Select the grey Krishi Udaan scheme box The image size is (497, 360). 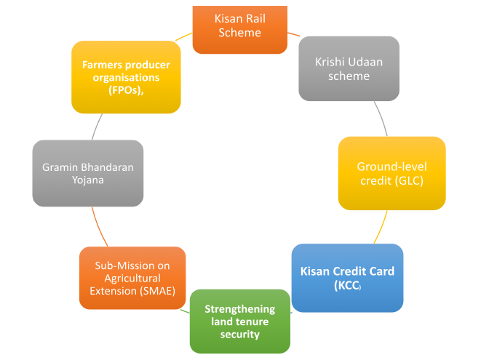tap(349, 68)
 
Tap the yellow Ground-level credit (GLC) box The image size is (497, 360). tap(391, 173)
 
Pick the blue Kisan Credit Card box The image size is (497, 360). tap(347, 278)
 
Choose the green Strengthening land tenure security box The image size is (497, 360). tap(239, 321)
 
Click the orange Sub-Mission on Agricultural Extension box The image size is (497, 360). tap(132, 277)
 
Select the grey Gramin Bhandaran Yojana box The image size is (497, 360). tap(87, 172)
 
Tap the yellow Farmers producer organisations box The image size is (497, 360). tap(125, 76)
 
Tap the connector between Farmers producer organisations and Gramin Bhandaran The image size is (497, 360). tap(98, 127)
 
